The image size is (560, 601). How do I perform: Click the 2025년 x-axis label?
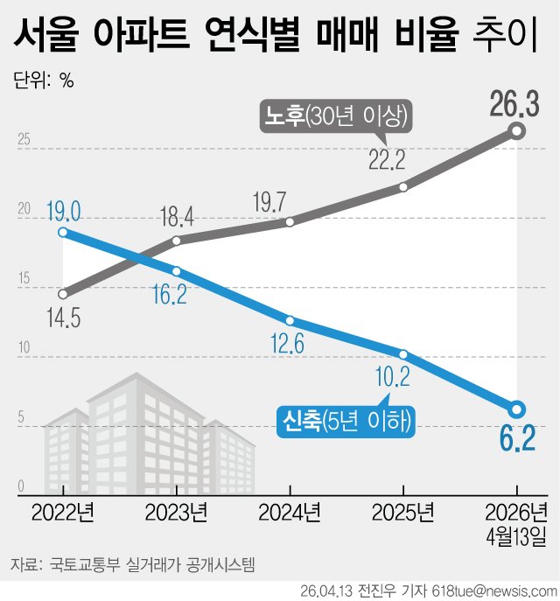click(x=403, y=510)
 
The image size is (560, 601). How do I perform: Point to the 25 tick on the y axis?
click(x=24, y=139)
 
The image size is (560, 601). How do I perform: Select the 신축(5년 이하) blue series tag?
click(x=346, y=422)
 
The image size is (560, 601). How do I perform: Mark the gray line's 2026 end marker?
click(x=516, y=131)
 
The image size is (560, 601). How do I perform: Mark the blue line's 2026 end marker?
click(x=516, y=409)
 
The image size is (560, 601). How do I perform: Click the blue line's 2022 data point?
click(x=63, y=232)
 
